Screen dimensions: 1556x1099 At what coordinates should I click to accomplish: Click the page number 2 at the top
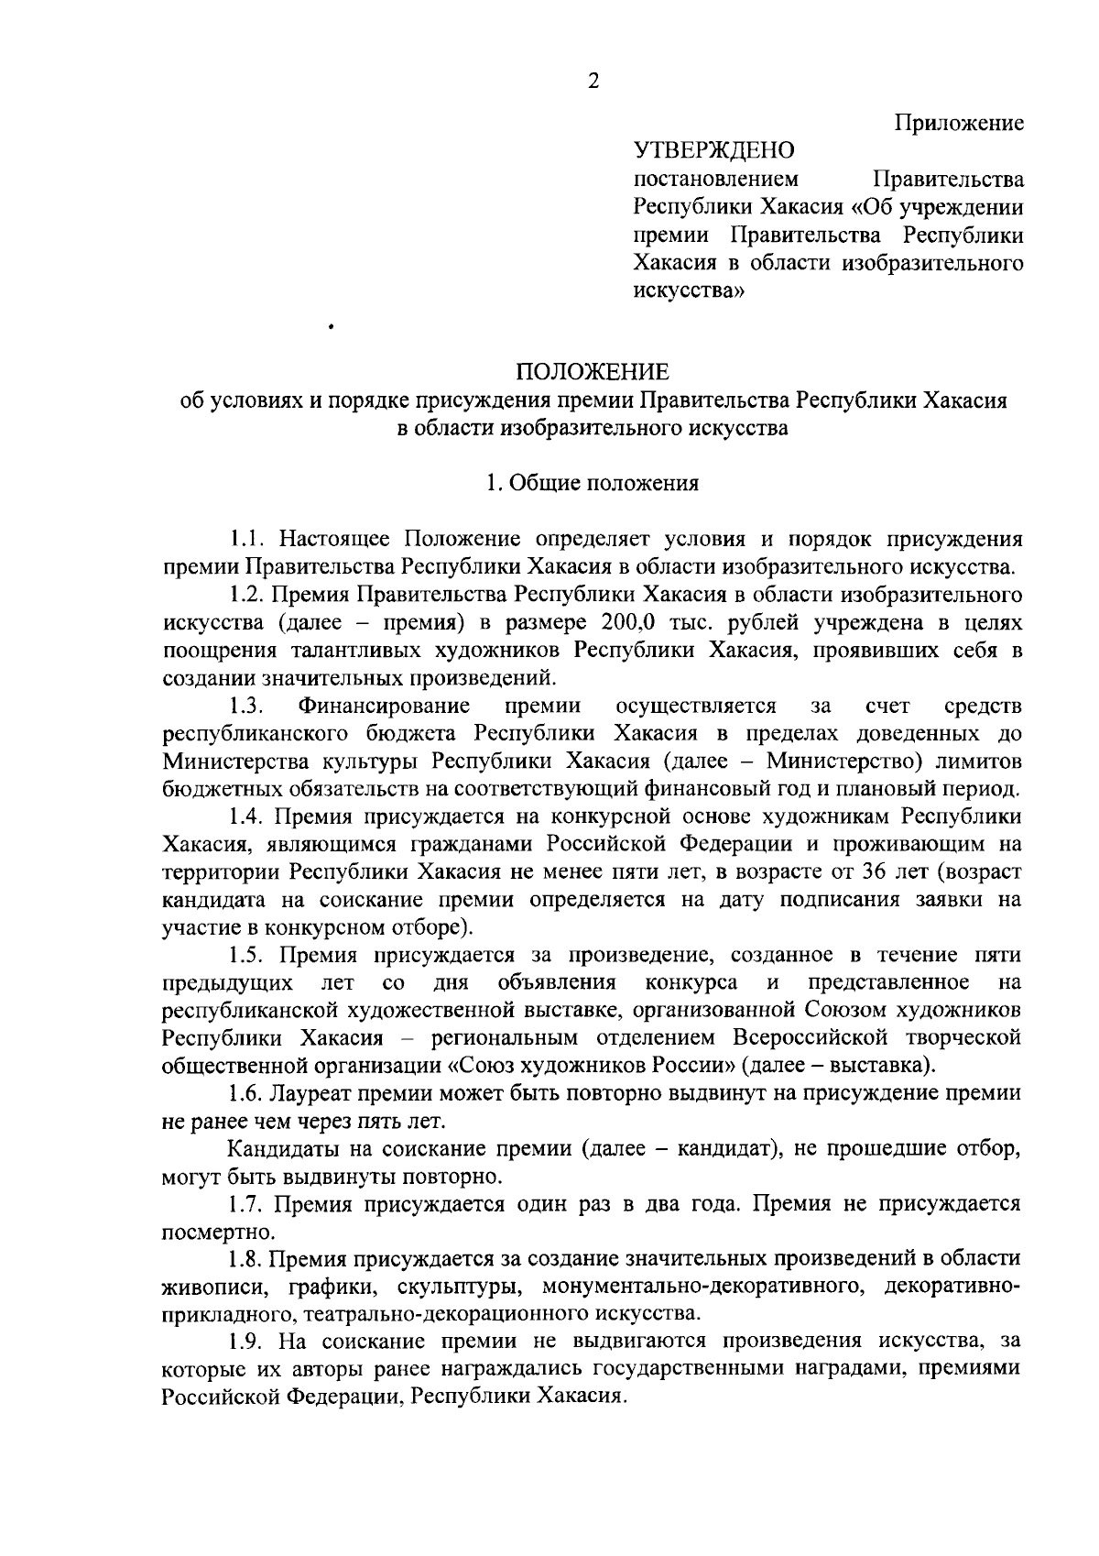593,82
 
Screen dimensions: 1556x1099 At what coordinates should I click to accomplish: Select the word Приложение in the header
959,123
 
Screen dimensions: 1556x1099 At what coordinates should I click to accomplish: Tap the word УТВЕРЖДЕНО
714,149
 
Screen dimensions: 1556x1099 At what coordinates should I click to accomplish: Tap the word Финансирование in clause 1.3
384,706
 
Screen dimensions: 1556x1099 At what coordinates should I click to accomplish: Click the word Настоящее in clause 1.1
337,539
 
